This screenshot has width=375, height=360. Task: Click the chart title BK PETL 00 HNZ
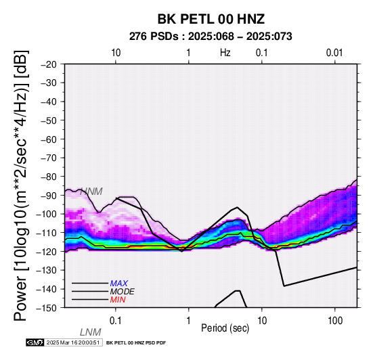click(211, 19)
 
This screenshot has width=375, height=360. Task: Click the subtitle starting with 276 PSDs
click(211, 37)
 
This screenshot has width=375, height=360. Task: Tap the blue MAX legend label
click(119, 284)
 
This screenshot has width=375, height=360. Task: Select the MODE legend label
click(123, 292)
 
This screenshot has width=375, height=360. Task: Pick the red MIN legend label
click(118, 300)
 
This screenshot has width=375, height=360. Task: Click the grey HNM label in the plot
click(91, 192)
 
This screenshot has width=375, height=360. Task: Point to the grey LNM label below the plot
click(91, 332)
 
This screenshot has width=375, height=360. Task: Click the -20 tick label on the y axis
click(49, 64)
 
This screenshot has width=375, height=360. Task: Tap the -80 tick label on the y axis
click(49, 177)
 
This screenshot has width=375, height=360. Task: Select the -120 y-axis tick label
click(46, 252)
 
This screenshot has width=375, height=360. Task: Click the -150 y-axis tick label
click(46, 308)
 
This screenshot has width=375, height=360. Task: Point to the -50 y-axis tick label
click(49, 120)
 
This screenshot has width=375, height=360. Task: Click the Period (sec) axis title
click(225, 328)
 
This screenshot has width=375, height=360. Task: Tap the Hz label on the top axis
click(225, 53)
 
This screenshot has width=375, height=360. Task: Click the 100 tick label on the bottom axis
click(335, 321)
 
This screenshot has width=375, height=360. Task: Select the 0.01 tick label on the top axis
click(334, 53)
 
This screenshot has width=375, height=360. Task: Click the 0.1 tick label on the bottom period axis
click(116, 321)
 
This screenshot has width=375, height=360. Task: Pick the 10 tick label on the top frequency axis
click(116, 53)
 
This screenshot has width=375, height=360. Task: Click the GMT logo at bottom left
click(35, 342)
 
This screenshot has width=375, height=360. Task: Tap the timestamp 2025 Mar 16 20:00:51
click(73, 342)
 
